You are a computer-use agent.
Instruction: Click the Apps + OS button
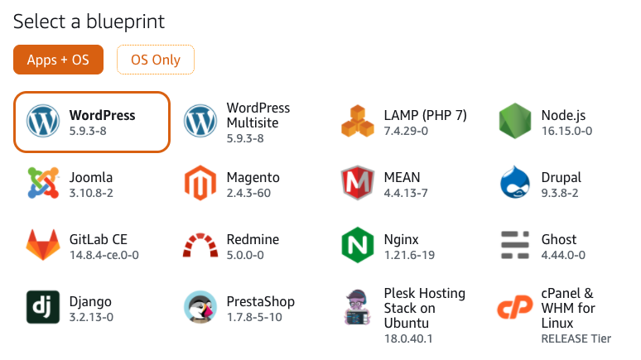coord(58,60)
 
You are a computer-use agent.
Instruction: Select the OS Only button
coord(156,60)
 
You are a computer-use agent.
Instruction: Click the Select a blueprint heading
coord(89,22)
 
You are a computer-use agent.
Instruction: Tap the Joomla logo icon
coord(43,183)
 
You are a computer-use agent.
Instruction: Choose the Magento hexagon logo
coord(200,183)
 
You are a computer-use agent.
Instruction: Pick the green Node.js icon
coord(515,121)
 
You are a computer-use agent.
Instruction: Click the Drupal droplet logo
coord(515,182)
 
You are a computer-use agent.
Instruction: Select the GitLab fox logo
coord(43,245)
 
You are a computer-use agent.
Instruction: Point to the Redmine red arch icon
coord(200,245)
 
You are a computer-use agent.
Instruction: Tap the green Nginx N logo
coord(358,245)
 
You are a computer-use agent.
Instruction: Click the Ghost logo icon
coord(515,245)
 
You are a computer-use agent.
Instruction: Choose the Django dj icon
coord(43,307)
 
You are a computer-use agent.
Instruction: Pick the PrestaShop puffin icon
coord(200,307)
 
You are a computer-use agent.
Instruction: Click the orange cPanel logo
coord(515,307)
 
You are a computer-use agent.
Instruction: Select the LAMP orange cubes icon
coord(358,121)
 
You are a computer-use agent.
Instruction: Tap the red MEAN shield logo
coord(358,183)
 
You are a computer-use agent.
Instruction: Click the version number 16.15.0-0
coord(566,131)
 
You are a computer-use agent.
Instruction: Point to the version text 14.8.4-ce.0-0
coord(104,255)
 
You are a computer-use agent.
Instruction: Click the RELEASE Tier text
coord(576,338)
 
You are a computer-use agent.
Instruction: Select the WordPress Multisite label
coord(258,115)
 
